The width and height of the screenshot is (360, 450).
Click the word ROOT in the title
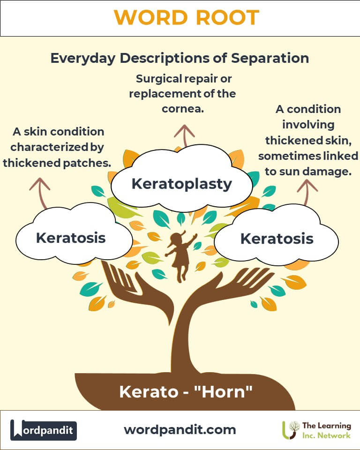(228, 17)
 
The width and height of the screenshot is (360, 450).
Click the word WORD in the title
(151, 17)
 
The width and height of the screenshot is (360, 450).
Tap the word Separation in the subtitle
(270, 58)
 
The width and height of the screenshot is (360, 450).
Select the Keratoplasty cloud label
(182, 184)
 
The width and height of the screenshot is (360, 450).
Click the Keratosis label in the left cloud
(71, 238)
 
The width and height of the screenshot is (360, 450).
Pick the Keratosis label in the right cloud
(277, 239)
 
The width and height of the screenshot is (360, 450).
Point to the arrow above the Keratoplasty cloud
(184, 135)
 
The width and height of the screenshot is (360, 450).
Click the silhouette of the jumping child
(180, 255)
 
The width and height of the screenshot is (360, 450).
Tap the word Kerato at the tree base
(149, 392)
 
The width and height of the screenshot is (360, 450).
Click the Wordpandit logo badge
(43, 430)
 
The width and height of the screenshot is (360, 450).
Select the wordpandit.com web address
(180, 430)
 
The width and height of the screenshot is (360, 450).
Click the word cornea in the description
(183, 109)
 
